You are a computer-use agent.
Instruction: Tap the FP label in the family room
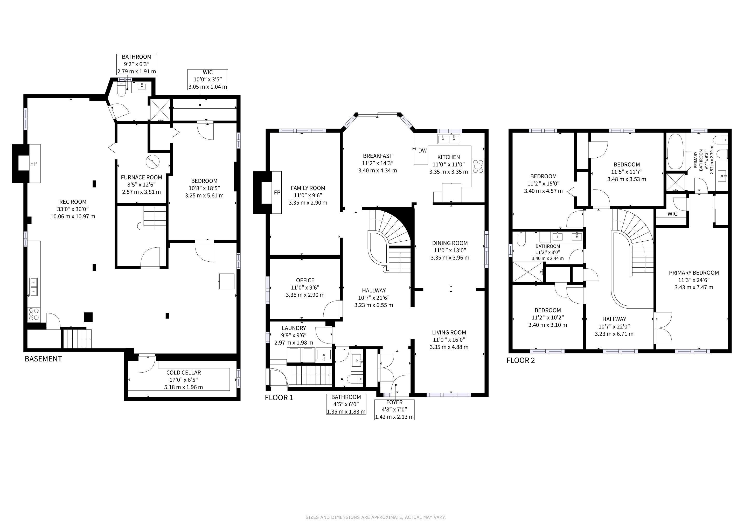click(277, 193)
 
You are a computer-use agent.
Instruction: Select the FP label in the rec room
click(33, 164)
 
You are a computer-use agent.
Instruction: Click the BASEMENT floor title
click(43, 359)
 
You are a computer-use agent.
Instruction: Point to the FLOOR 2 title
click(521, 361)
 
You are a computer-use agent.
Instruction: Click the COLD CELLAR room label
click(184, 372)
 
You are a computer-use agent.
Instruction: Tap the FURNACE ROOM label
click(141, 177)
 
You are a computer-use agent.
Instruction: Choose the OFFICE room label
click(305, 280)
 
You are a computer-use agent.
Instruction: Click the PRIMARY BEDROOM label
click(694, 273)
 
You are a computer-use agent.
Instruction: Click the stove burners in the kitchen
click(478, 166)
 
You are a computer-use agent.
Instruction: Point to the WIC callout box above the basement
click(207, 79)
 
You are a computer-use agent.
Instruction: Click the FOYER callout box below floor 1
click(394, 409)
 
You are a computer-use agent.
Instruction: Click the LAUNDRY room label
click(294, 328)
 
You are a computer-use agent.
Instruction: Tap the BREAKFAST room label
click(378, 156)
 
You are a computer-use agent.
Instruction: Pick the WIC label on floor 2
click(672, 214)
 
